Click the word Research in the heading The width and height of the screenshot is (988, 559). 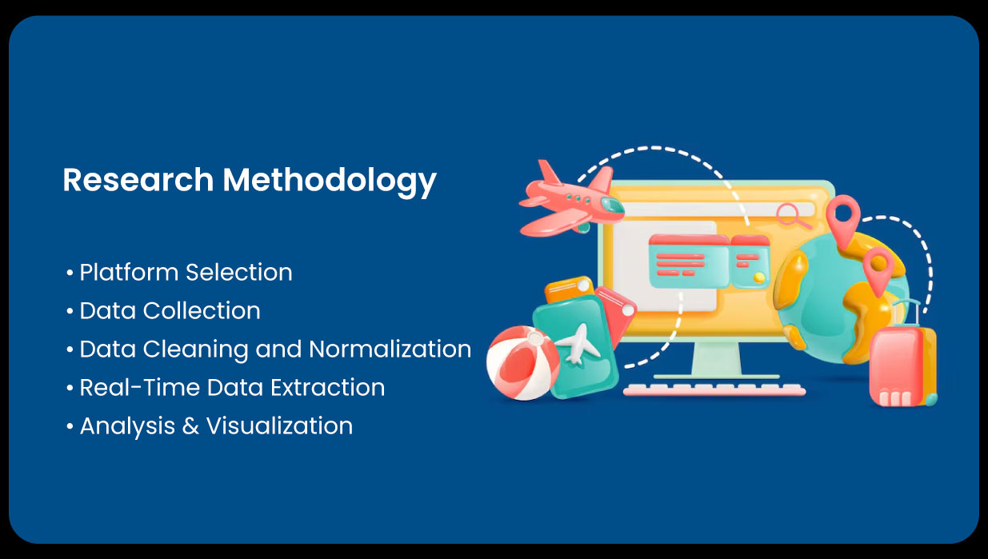[138, 180]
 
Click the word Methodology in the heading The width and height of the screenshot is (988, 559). [330, 182]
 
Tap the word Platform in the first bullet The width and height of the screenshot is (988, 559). [128, 273]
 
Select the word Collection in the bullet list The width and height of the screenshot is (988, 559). [202, 311]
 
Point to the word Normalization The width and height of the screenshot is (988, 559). [390, 349]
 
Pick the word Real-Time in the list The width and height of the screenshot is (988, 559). [140, 388]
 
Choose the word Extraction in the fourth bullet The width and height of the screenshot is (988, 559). [327, 388]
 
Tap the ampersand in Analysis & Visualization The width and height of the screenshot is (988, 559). [190, 426]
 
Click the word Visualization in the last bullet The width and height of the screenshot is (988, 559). [280, 426]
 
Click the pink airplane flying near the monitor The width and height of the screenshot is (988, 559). [572, 199]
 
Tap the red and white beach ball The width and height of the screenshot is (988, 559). [522, 363]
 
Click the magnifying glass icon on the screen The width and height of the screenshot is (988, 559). [793, 216]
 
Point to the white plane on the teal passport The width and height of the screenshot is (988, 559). [578, 344]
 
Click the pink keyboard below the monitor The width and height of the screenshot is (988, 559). [714, 389]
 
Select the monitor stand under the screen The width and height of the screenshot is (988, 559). [716, 360]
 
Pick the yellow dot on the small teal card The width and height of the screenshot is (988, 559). [759, 278]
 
